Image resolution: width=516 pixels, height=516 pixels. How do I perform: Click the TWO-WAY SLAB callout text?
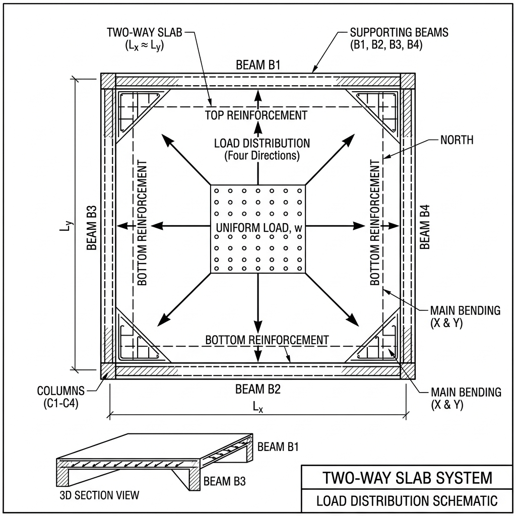(x=144, y=38)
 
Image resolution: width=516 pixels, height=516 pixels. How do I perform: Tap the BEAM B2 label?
(x=258, y=390)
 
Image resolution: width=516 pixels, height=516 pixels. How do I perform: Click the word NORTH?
(x=457, y=140)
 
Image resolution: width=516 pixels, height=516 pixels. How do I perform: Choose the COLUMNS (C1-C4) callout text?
(x=60, y=397)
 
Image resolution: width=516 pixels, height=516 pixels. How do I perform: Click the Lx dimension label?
(x=257, y=408)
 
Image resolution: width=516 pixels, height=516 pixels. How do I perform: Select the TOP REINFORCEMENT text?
(x=256, y=115)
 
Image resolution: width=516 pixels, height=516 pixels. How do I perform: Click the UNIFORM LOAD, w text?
(x=259, y=227)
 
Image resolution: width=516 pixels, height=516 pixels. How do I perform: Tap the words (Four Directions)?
(x=262, y=156)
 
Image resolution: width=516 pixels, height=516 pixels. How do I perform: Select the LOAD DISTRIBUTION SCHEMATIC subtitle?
(x=407, y=501)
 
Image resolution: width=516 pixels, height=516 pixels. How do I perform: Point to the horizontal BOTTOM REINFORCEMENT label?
(x=267, y=340)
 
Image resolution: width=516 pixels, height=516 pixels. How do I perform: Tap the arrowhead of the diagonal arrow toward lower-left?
(x=163, y=320)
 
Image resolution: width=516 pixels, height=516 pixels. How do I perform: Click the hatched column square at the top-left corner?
(x=108, y=81)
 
